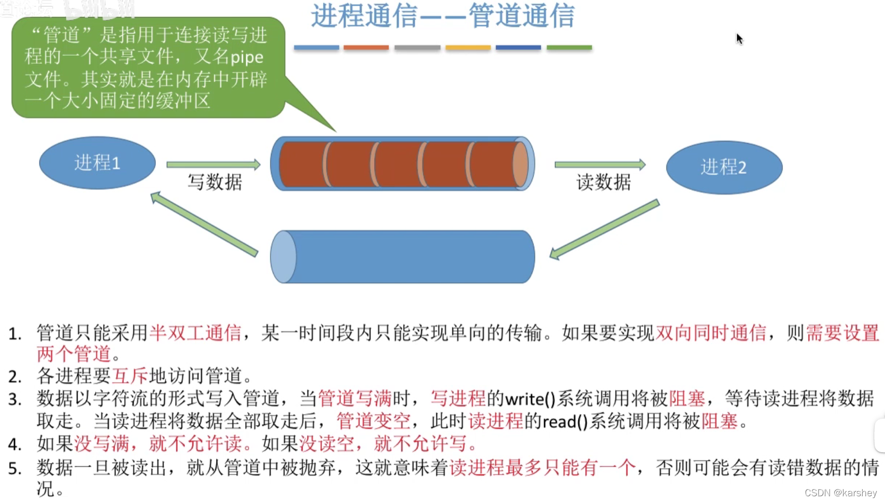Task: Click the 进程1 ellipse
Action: pos(97,163)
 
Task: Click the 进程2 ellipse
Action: pos(724,167)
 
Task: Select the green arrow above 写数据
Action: pos(213,164)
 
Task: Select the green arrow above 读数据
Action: pos(600,164)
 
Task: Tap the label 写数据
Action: pos(215,183)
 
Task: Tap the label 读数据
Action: pos(604,183)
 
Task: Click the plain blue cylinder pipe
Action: pos(403,257)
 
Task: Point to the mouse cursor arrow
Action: pos(739,38)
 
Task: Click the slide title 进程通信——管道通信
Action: pos(442,16)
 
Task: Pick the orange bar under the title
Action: pos(366,48)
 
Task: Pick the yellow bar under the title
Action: pos(468,48)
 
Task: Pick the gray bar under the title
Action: pos(417,48)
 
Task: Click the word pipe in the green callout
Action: pos(247,58)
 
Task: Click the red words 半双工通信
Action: pos(195,332)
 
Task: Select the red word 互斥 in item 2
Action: pos(130,375)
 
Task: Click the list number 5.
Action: pos(15,468)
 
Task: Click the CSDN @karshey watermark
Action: pos(840,493)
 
